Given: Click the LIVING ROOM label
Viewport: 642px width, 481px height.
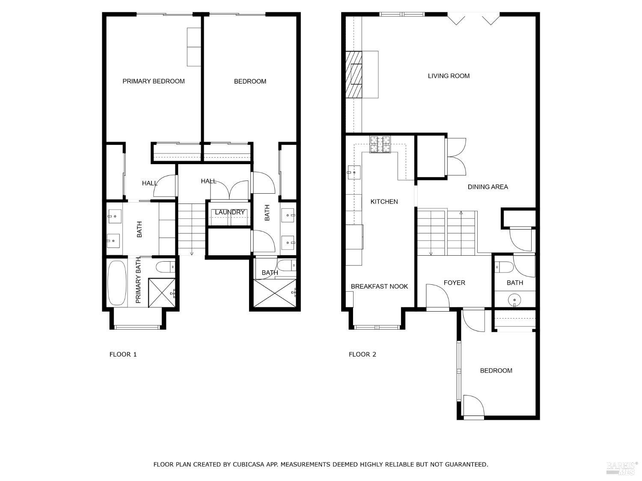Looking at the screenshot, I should [x=449, y=76].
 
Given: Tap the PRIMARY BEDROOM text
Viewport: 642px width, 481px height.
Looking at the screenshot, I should [x=153, y=81].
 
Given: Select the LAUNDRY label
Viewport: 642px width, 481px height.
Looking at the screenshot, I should [x=230, y=212].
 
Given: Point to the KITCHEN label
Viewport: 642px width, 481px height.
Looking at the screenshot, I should [x=384, y=201].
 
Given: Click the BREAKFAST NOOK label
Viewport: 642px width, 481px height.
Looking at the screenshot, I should [x=379, y=286].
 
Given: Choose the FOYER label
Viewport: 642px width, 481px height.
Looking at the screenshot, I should [x=454, y=283].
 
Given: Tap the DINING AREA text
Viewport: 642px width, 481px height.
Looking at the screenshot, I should [x=487, y=187].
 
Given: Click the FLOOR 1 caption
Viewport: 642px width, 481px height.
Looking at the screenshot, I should [x=123, y=354].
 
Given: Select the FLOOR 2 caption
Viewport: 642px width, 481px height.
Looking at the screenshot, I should [x=362, y=354].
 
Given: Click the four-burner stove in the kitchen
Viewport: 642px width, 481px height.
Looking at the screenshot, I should [x=380, y=144].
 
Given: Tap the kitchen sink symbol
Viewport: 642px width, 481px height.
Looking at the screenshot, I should [x=355, y=173].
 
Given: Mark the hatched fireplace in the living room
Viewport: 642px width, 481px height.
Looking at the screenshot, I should [x=354, y=74].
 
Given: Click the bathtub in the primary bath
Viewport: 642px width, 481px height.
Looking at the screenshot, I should [x=116, y=283].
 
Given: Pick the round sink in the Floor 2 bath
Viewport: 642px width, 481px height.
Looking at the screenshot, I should [x=514, y=300].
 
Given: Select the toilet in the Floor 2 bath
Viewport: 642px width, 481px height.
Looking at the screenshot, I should [x=504, y=267].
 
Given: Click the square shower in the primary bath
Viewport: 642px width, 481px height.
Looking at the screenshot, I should [x=162, y=292].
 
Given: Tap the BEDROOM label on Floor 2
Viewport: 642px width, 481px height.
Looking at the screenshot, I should [x=496, y=371].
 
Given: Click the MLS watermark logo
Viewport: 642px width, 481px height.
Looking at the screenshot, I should [x=622, y=468].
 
